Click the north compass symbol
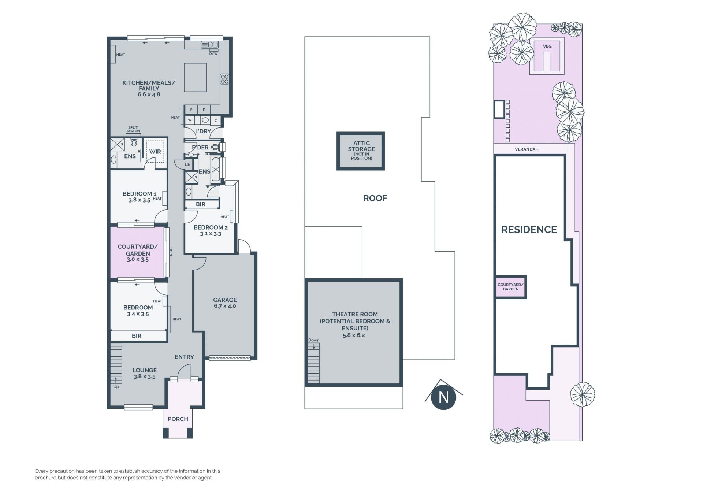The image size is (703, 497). pos(443,397)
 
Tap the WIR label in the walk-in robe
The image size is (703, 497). pos(155,152)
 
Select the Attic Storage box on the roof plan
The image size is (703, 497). pos(361,151)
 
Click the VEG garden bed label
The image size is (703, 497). pos(547,46)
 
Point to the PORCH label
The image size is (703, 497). pos(178,419)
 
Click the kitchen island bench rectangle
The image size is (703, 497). pos(195,77)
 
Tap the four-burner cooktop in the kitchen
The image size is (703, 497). pos(224,79)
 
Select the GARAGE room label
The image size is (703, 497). pos(225,300)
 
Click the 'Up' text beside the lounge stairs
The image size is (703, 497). pos(116,387)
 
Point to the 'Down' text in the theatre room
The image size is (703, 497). pos(314,340)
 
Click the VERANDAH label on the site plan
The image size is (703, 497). pos(527,149)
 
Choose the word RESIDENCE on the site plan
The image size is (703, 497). pos(529,230)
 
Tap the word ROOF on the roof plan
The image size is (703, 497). pos(375,198)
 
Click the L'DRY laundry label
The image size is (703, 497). pos(203,131)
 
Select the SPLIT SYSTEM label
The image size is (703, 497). pos(133,129)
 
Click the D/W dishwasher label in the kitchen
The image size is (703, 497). pos(213,53)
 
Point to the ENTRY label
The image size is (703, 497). pos(184,357)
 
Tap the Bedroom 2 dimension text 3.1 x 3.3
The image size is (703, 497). pos(211,234)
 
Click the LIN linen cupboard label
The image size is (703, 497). pos(187,165)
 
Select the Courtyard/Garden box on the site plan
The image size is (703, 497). pos(511,287)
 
